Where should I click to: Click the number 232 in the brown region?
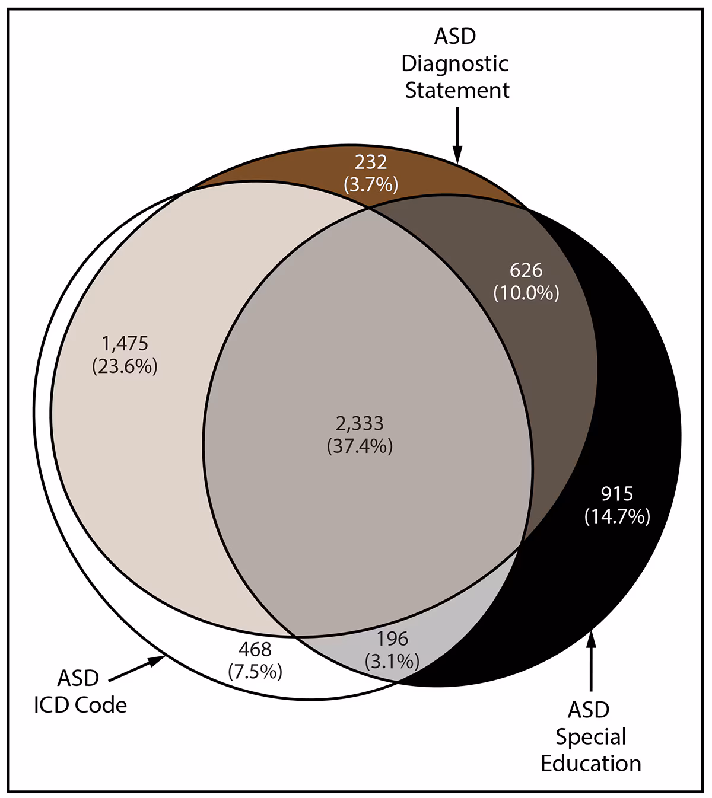pyautogui.click(x=371, y=162)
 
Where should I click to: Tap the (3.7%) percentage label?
pyautogui.click(x=371, y=185)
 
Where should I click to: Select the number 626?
pyautogui.click(x=526, y=270)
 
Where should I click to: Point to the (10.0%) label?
pyautogui.click(x=526, y=293)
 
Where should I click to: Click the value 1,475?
pyautogui.click(x=125, y=343)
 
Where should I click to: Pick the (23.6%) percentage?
pyautogui.click(x=125, y=366)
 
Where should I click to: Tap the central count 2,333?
pyautogui.click(x=360, y=423)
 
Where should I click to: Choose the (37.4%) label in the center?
pyautogui.click(x=360, y=446)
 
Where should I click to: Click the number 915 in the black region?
pyautogui.click(x=617, y=493)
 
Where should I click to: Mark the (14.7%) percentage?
pyautogui.click(x=617, y=516)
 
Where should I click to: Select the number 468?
pyautogui.click(x=255, y=649)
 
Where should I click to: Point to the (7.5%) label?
pyautogui.click(x=255, y=672)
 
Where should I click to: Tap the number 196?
pyautogui.click(x=392, y=639)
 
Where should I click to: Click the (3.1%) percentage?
pyautogui.click(x=392, y=660)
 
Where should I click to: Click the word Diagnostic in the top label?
pyautogui.click(x=455, y=63)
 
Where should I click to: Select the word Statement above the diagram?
pyautogui.click(x=457, y=90)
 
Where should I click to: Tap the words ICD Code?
pyautogui.click(x=80, y=705)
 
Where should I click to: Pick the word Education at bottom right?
pyautogui.click(x=591, y=763)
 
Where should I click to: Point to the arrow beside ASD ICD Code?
pyautogui.click(x=136, y=667)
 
